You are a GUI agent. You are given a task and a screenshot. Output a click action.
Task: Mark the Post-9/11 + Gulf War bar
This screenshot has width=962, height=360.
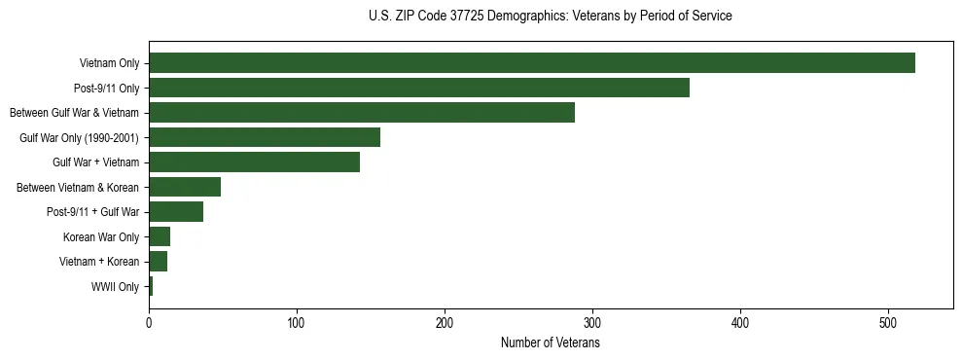[x=176, y=212]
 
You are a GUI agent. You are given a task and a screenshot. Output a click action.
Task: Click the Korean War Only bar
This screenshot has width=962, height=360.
[x=160, y=236]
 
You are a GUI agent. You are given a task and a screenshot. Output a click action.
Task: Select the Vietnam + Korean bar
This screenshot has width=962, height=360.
[x=158, y=262]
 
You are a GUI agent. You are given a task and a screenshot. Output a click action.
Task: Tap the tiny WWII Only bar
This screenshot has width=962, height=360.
[x=151, y=286]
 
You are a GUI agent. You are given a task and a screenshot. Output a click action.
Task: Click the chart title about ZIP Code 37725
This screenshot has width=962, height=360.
[x=550, y=16]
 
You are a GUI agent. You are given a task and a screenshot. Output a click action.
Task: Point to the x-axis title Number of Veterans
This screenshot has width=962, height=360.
[x=550, y=343]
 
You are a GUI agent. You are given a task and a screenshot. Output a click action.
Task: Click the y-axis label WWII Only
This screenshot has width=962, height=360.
[x=115, y=287]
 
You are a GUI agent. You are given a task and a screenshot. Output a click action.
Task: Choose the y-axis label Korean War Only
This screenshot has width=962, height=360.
[x=101, y=237]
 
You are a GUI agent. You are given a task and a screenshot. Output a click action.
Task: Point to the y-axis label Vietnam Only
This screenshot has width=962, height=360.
[x=109, y=64]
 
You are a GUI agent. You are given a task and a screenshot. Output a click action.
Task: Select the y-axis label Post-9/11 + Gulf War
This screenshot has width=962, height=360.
[x=92, y=212]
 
